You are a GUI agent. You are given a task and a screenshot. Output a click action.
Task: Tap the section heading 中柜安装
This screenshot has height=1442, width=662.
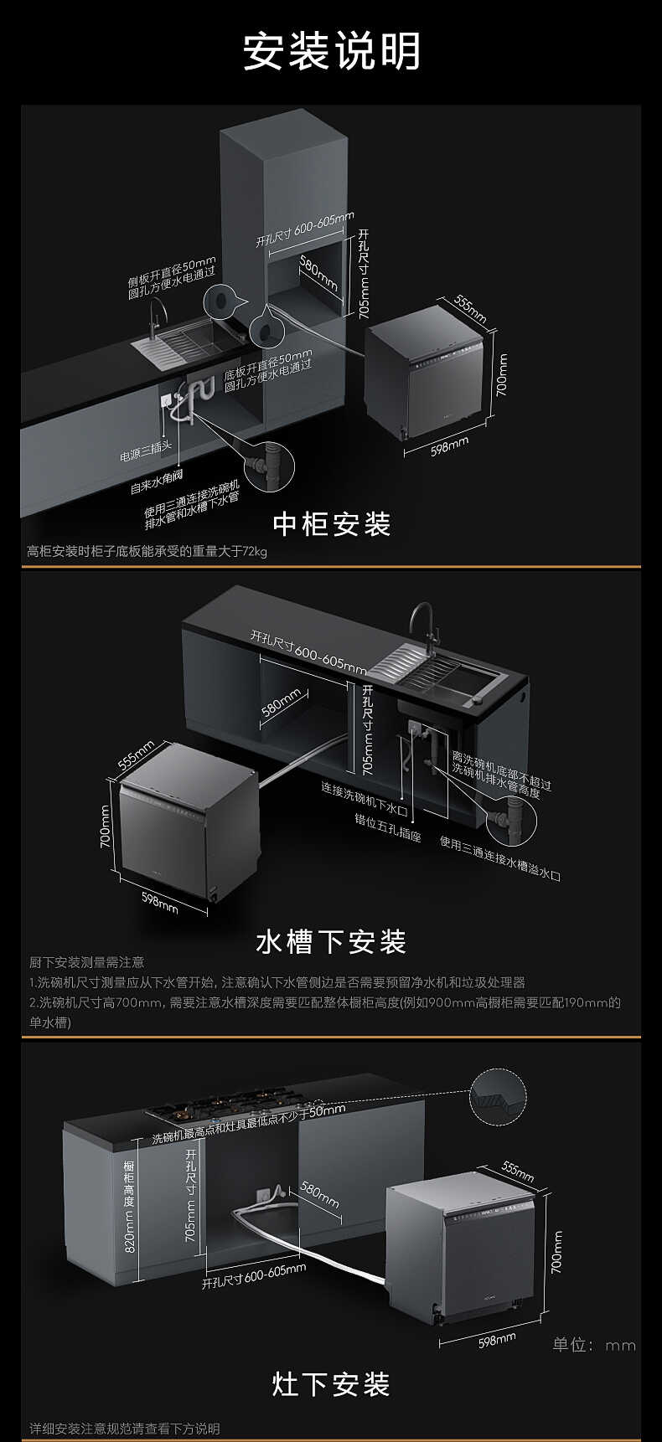(332, 524)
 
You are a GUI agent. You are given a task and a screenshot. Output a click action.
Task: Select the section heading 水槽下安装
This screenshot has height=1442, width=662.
(331, 941)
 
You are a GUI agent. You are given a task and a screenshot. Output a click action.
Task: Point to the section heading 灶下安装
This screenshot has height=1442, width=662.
(331, 1384)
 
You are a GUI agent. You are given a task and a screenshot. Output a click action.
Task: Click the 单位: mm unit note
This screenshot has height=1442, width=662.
(594, 1345)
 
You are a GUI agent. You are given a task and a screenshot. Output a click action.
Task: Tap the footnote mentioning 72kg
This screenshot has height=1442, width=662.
(147, 551)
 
